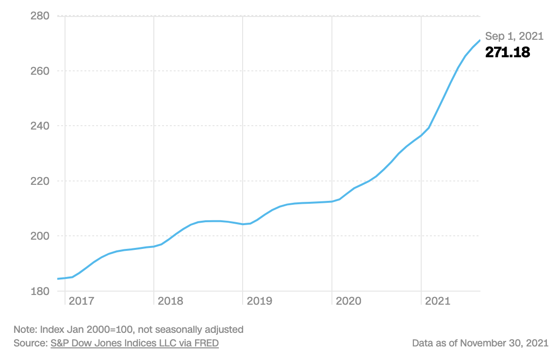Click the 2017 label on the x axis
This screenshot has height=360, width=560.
[82, 301]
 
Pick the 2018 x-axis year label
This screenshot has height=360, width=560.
[170, 301]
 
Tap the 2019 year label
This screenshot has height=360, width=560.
[259, 301]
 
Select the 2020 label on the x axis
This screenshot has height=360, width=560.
[348, 301]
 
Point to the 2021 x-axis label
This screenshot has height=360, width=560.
[437, 301]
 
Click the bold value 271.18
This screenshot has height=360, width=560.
[508, 52]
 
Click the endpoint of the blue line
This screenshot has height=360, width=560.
[479, 40]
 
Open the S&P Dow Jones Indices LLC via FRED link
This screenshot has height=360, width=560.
[134, 343]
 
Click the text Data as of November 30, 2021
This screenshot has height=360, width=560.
[480, 343]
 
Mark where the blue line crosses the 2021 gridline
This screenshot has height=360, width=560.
[421, 135]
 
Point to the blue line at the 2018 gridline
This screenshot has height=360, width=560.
[154, 246]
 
